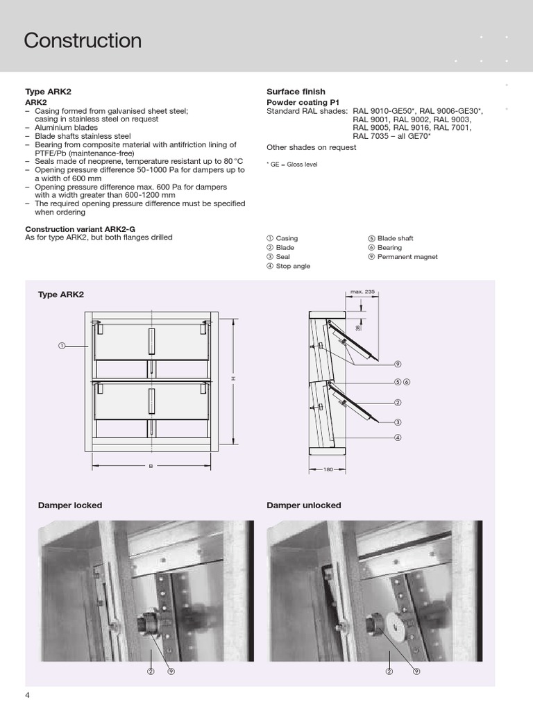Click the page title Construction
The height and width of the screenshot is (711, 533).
pyautogui.click(x=83, y=41)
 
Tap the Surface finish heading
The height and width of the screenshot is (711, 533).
pyautogui.click(x=296, y=92)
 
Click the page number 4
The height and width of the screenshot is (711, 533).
pyautogui.click(x=27, y=696)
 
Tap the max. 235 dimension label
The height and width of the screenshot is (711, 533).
pyautogui.click(x=362, y=292)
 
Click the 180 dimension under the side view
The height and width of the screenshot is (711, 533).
pyautogui.click(x=329, y=470)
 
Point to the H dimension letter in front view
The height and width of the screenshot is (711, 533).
pyautogui.click(x=234, y=378)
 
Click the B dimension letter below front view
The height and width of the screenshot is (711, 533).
pyautogui.click(x=151, y=466)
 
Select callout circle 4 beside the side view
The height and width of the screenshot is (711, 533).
pyautogui.click(x=398, y=437)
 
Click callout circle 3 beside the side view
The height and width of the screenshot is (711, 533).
pyautogui.click(x=398, y=422)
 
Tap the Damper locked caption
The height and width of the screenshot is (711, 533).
pyautogui.click(x=69, y=505)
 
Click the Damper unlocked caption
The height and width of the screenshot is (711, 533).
pyautogui.click(x=303, y=505)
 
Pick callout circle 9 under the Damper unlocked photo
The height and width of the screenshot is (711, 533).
pyautogui.click(x=416, y=671)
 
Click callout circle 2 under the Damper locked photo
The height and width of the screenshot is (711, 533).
pyautogui.click(x=150, y=671)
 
